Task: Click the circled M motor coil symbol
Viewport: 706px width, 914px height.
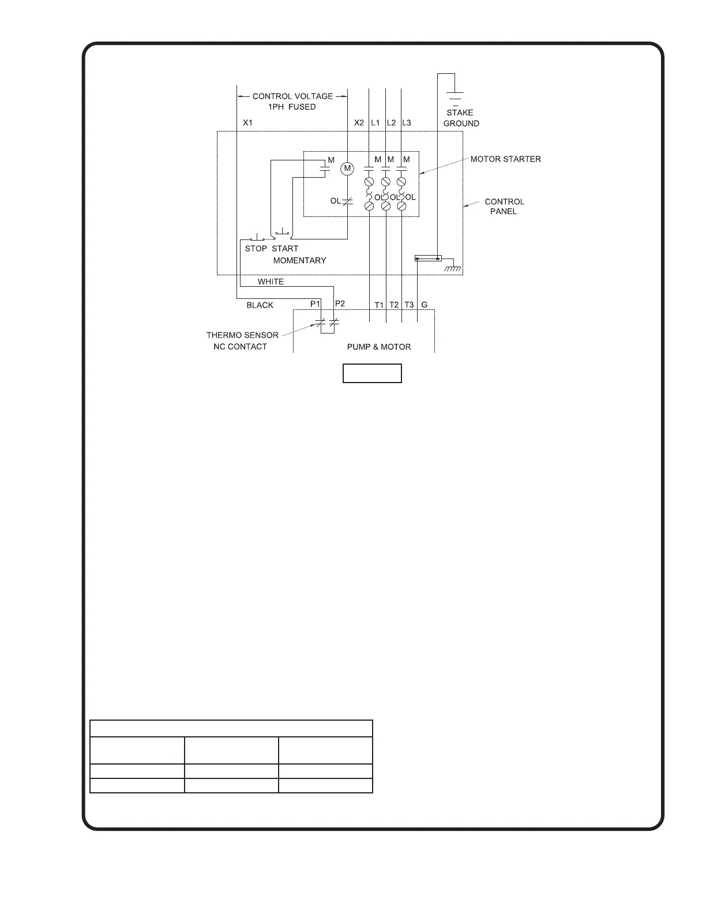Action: coord(347,168)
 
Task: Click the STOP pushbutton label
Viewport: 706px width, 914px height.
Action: coord(256,249)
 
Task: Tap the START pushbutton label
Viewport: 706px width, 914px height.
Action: coord(285,249)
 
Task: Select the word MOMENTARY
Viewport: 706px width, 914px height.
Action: coord(299,261)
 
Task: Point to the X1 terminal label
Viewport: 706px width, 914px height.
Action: coord(247,123)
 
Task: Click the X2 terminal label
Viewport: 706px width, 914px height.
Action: coord(359,123)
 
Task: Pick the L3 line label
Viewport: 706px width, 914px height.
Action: coord(407,123)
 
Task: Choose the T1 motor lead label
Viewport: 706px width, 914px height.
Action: coord(379,305)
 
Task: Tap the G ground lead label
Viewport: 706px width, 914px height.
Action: coord(425,305)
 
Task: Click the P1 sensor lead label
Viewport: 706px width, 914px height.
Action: coord(315,304)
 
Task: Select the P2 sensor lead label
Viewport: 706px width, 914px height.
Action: coord(340,304)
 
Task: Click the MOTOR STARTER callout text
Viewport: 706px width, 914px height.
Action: coord(505,159)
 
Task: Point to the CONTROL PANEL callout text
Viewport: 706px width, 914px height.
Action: coord(504,207)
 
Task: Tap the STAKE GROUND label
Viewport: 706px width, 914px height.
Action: coord(460,118)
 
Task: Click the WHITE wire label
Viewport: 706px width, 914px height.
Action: coord(271,282)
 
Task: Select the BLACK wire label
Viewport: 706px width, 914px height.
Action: coord(260,305)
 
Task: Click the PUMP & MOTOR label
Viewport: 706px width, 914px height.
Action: coord(379,347)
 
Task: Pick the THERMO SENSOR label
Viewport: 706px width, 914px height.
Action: coord(242,335)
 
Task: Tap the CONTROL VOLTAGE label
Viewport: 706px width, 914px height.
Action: coord(292,96)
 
